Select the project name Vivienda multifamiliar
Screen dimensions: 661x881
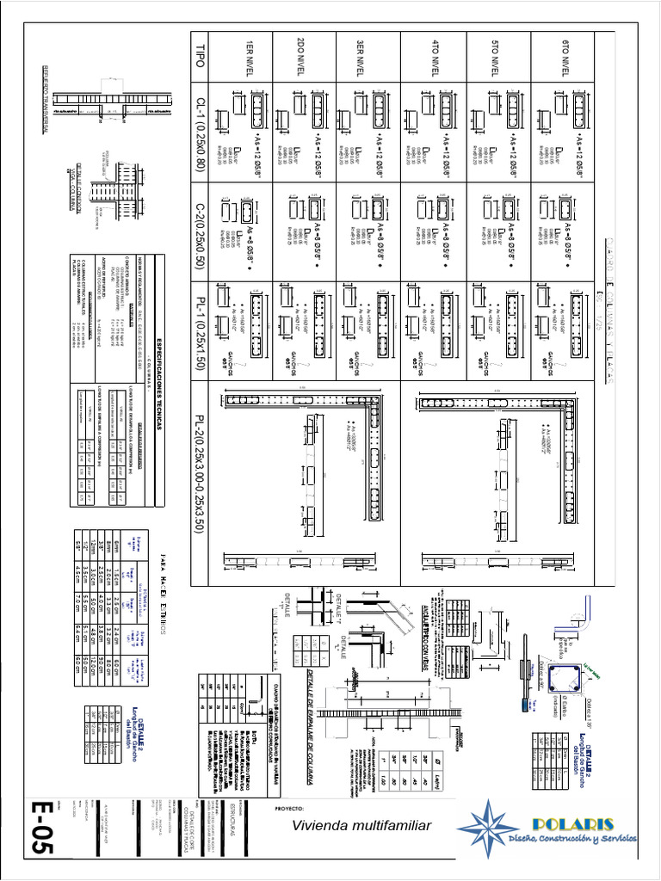(361, 826)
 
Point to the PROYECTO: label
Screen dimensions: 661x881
(290, 810)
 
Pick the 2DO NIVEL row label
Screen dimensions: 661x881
(303, 59)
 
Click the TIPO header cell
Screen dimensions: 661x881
(201, 59)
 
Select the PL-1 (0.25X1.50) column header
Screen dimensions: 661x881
(201, 327)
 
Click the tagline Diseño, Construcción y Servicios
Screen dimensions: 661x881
(572, 837)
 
